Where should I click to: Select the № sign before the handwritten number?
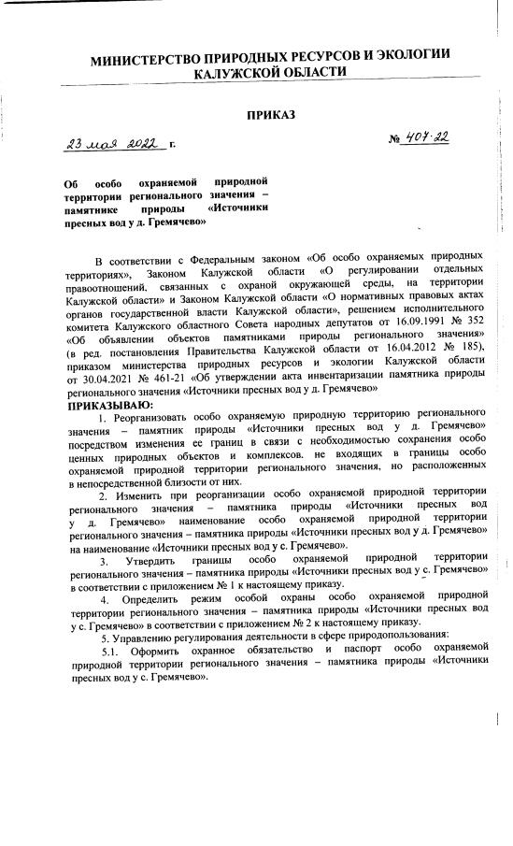coord(395,140)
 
